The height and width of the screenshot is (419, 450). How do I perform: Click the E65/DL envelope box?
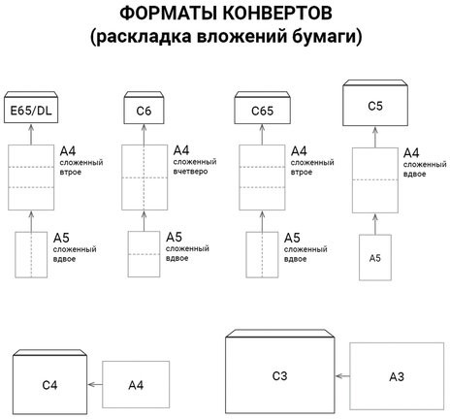(x=32, y=112)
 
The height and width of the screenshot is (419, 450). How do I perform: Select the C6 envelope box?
(x=144, y=112)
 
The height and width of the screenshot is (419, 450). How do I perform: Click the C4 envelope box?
(x=49, y=385)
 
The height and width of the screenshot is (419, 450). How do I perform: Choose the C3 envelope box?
(x=281, y=375)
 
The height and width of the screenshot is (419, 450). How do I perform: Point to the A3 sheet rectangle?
(x=396, y=376)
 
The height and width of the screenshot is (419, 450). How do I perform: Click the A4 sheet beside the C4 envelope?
(x=136, y=385)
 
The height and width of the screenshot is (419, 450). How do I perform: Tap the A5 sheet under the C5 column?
(x=375, y=259)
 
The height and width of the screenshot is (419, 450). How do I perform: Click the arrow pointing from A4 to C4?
(x=94, y=385)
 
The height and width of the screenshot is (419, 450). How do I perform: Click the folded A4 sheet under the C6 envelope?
(x=144, y=177)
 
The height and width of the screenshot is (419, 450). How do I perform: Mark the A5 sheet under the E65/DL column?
(x=32, y=257)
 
